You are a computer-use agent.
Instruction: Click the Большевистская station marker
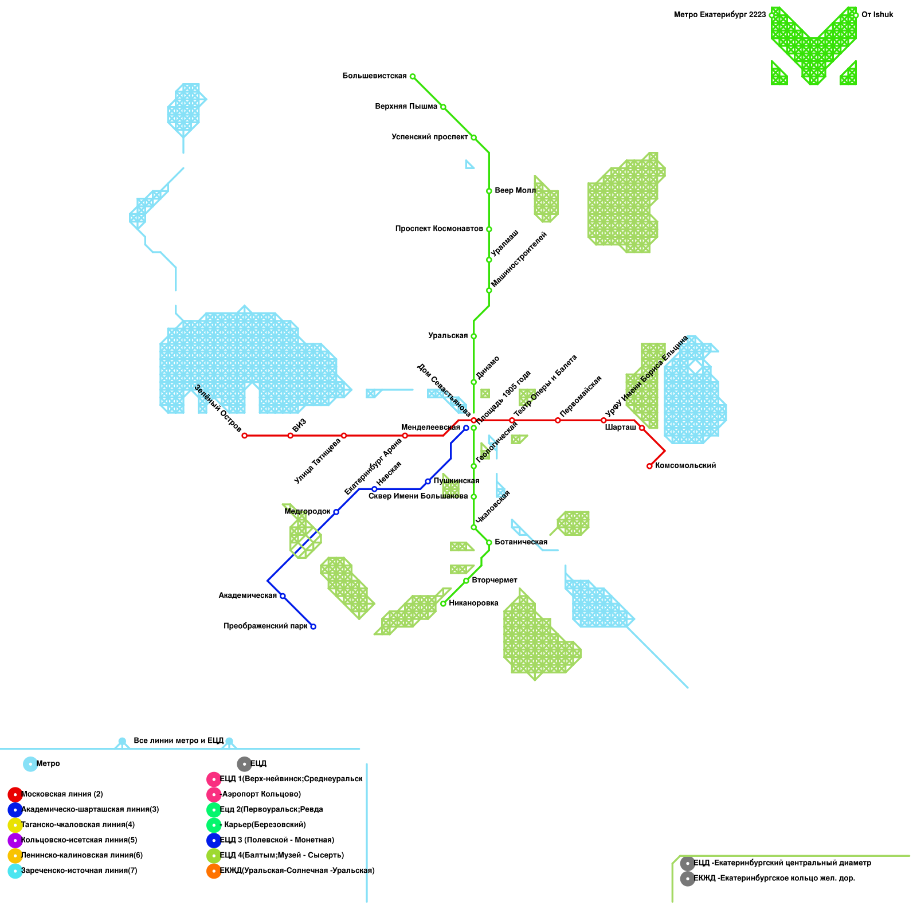pos(413,76)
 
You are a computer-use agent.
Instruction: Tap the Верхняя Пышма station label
pos(406,107)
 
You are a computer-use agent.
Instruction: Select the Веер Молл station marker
pos(489,191)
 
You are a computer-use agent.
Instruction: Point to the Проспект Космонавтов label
pos(438,229)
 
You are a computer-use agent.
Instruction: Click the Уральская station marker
pos(473,336)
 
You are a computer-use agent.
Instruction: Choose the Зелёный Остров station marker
pos(245,436)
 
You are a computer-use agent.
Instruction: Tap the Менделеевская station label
pos(430,428)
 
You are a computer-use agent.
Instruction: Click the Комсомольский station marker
pos(649,466)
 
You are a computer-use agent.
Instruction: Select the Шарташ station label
pos(620,428)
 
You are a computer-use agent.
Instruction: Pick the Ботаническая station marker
pos(489,542)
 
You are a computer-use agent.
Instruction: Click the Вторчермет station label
pos(494,581)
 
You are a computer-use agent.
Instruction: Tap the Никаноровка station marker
pos(443,604)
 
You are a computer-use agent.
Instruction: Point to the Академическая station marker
pos(283,596)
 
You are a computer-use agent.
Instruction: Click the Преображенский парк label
pos(265,626)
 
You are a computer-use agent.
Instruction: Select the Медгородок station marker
pos(336,512)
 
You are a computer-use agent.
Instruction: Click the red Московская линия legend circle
pos(15,794)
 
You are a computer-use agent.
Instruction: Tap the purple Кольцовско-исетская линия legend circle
pos(15,840)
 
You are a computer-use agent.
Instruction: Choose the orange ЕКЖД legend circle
pos(214,871)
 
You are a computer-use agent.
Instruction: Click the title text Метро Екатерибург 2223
pos(719,15)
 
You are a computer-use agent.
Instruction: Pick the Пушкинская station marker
pos(428,481)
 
